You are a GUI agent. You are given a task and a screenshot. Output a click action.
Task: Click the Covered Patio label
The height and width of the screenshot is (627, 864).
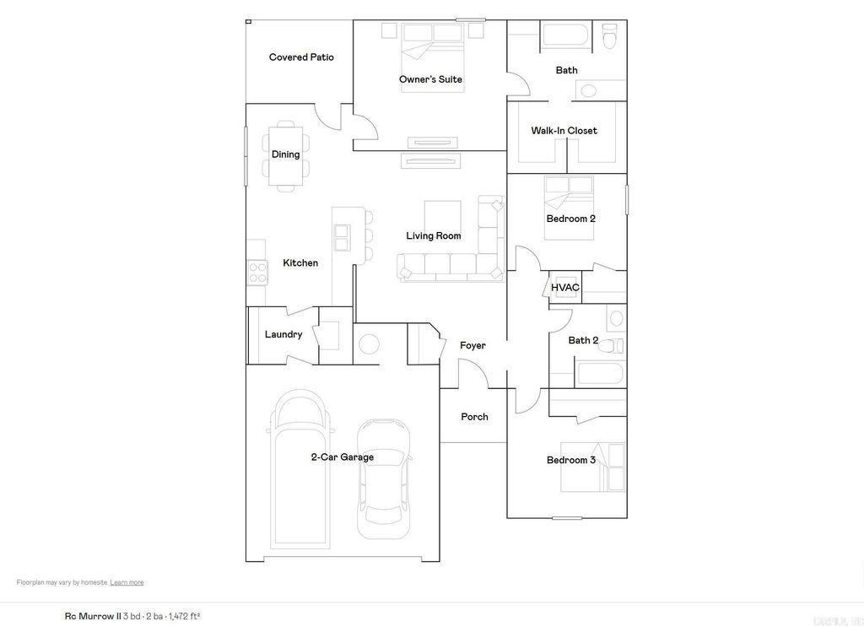click(301, 57)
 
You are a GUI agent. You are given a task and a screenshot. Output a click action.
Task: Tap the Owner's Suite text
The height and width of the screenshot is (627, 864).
click(430, 79)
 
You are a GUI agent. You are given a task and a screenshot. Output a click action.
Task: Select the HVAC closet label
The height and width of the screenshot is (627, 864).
click(564, 288)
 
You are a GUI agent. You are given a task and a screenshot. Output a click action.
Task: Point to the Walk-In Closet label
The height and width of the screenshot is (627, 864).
click(564, 131)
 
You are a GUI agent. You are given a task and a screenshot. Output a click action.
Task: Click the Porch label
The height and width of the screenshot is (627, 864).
click(474, 417)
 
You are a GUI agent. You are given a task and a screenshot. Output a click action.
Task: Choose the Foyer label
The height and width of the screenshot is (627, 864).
click(472, 345)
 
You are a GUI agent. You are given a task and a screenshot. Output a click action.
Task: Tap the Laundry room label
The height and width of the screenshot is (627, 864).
click(283, 335)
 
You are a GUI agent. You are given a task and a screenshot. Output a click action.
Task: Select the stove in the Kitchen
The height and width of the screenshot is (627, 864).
click(256, 273)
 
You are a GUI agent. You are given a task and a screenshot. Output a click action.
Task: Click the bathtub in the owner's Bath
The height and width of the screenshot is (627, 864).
click(566, 36)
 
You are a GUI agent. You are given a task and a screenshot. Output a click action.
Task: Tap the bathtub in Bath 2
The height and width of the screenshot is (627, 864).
click(598, 374)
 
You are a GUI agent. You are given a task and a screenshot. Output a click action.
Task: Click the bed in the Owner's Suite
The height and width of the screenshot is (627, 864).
click(430, 49)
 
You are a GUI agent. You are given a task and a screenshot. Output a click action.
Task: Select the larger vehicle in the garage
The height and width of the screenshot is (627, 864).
click(300, 468)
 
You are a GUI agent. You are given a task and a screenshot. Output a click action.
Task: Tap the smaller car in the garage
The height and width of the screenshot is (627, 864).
click(383, 477)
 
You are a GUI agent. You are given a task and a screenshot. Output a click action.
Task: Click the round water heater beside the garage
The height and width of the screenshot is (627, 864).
click(368, 344)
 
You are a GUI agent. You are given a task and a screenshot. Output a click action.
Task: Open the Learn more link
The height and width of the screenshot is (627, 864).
click(127, 582)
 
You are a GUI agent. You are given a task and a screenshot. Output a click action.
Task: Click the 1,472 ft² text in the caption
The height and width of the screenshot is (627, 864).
click(184, 616)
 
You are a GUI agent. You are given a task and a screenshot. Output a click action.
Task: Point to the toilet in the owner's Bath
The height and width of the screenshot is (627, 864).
click(610, 36)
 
